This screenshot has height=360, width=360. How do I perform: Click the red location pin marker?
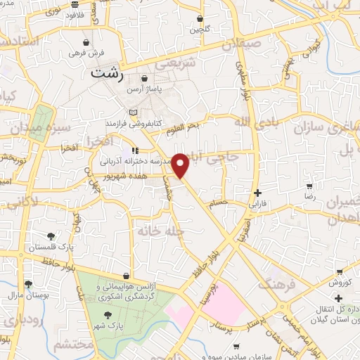point(181,166)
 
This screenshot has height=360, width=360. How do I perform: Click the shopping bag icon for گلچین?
point(201,18)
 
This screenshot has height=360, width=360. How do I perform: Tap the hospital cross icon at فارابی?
point(258,193)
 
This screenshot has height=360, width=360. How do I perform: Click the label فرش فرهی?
point(86,53)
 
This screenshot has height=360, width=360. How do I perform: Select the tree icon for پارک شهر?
point(107,316)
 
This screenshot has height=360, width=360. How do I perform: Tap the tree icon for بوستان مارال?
point(28,284)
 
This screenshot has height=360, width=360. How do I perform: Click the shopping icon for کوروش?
point(340,271)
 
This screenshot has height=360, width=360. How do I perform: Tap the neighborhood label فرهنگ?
point(274,284)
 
